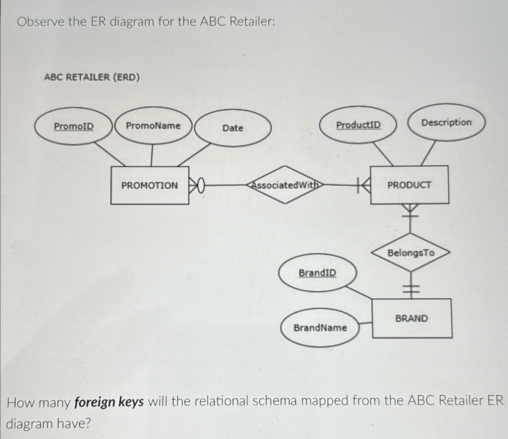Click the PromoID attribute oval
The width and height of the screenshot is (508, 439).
(x=74, y=126)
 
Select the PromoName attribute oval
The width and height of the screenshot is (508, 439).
(x=153, y=125)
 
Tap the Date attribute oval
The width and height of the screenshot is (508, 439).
(x=233, y=128)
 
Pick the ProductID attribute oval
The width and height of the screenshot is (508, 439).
(x=358, y=125)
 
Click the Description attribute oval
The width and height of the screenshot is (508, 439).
(x=446, y=123)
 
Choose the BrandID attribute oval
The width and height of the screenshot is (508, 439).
(x=317, y=273)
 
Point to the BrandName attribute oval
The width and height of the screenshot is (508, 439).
(x=320, y=327)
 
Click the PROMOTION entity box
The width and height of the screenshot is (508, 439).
(x=150, y=185)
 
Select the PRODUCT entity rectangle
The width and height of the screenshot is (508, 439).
(x=409, y=185)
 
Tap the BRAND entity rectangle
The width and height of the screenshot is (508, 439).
(x=412, y=318)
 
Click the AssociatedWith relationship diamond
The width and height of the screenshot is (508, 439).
(x=285, y=185)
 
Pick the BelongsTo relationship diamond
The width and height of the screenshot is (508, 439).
(x=411, y=253)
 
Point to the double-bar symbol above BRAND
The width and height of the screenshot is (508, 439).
(x=411, y=289)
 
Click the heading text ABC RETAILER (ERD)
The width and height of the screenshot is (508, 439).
(x=92, y=77)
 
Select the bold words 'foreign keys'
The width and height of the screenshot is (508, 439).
(x=109, y=402)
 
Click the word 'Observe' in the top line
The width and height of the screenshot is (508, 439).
(x=41, y=22)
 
